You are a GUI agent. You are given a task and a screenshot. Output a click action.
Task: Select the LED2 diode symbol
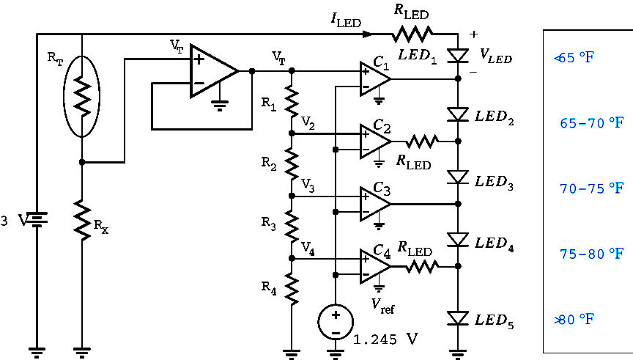coord(458,115)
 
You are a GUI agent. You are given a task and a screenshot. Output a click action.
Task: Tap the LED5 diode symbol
coord(458,318)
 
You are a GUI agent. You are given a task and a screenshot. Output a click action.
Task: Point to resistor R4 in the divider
coord(292,288)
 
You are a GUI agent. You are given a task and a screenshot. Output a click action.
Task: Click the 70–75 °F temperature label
coord(592,188)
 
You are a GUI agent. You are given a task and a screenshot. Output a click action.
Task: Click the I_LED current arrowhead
coord(369,34)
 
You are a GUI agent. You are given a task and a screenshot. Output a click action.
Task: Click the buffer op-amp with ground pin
coord(213,70)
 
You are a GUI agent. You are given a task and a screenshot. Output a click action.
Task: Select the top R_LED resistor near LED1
coord(412,34)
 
